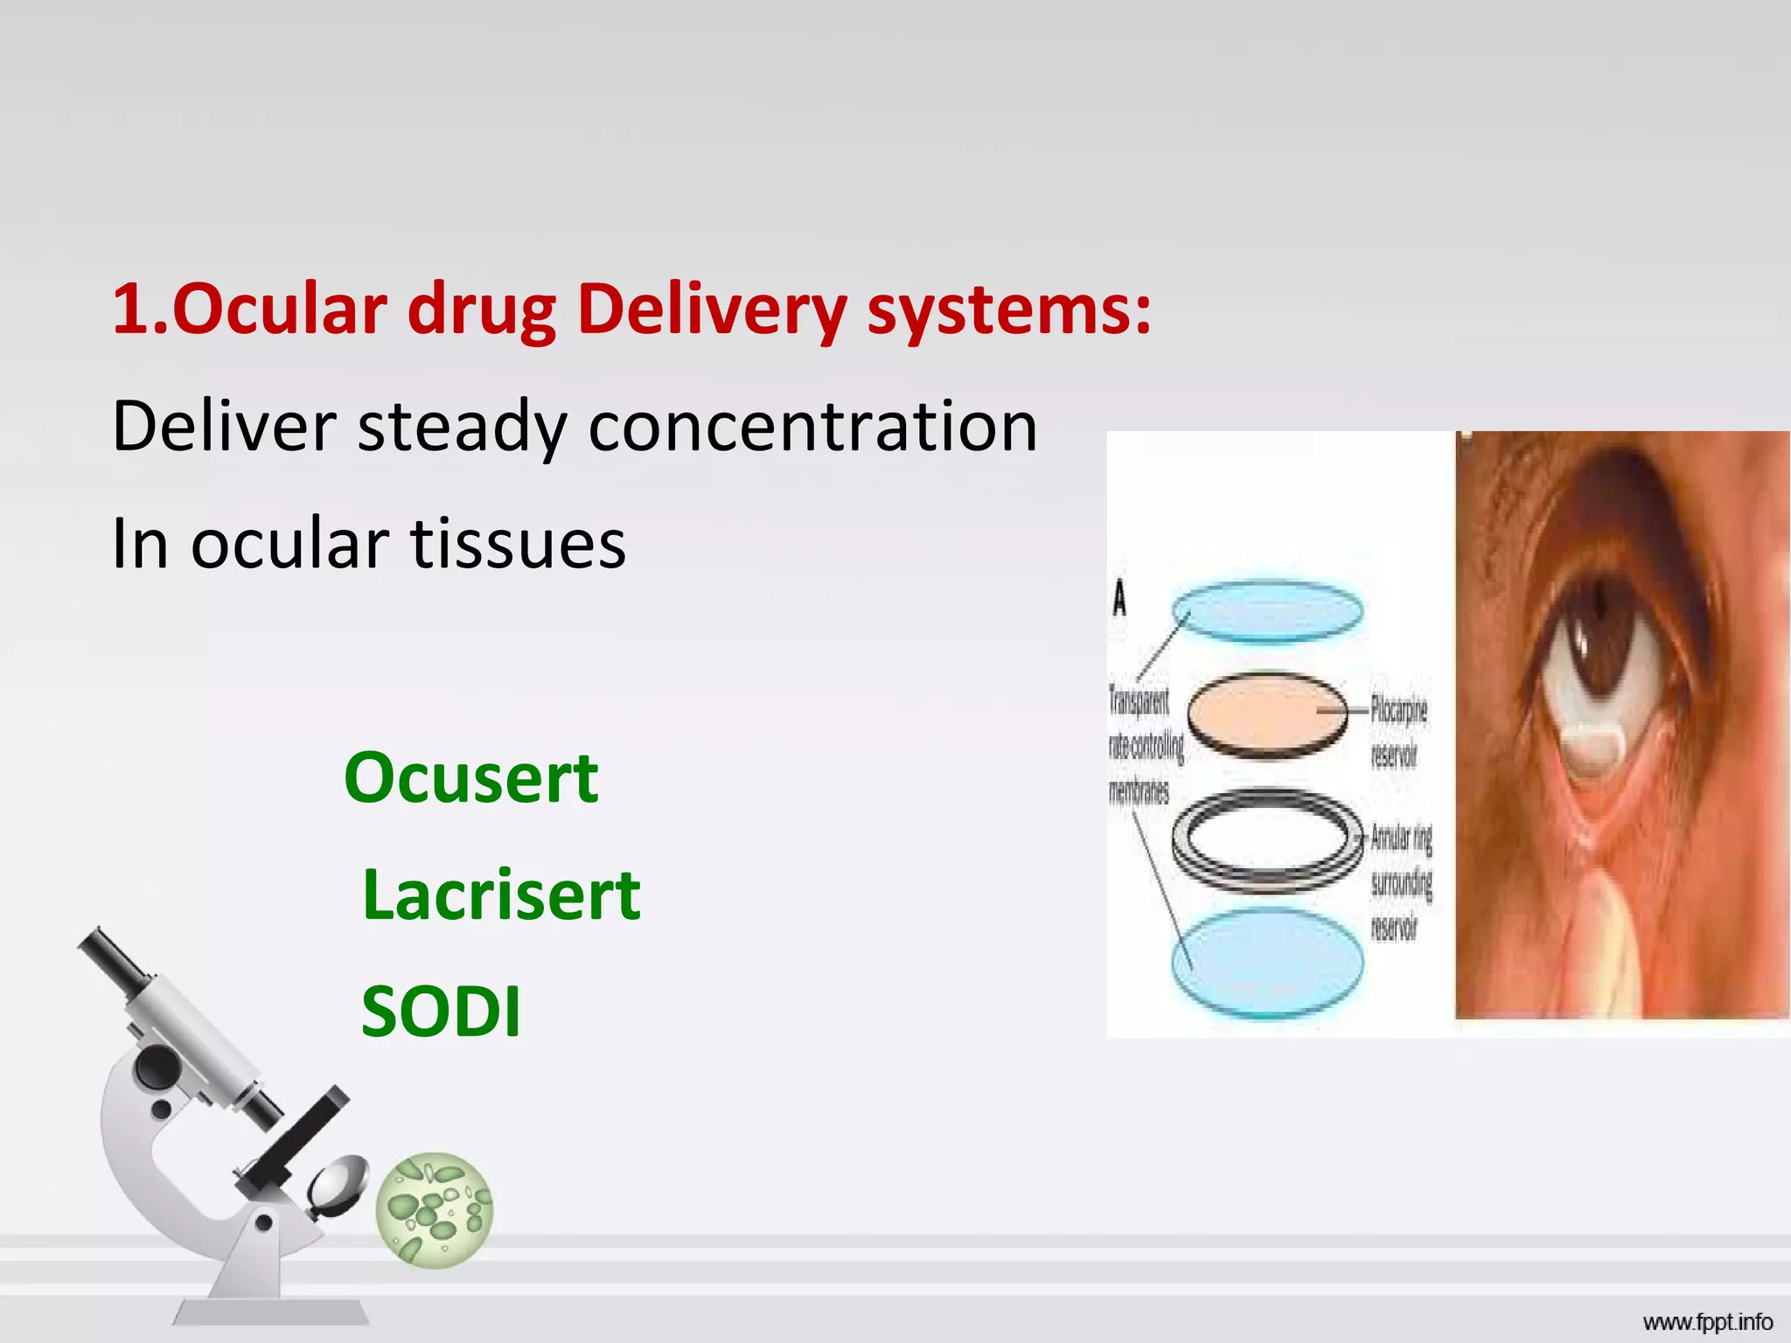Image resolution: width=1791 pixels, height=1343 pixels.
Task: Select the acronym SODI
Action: pos(441,1011)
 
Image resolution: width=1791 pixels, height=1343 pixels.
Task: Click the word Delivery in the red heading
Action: pos(711,310)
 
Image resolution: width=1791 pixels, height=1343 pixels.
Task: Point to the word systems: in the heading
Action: pos(1008,310)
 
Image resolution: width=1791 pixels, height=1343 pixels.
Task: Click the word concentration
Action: pos(812,427)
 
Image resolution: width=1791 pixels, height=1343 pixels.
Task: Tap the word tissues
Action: pos(518,544)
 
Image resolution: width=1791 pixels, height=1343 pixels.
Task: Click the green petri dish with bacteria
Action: pos(435,1209)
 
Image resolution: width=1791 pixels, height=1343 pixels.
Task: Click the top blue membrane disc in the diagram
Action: pos(1267,611)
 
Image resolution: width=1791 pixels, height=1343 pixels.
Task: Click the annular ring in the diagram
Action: pos(1267,839)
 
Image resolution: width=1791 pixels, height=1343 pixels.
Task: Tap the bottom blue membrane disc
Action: pos(1267,963)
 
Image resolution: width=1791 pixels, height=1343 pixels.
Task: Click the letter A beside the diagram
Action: pos(1119,600)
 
